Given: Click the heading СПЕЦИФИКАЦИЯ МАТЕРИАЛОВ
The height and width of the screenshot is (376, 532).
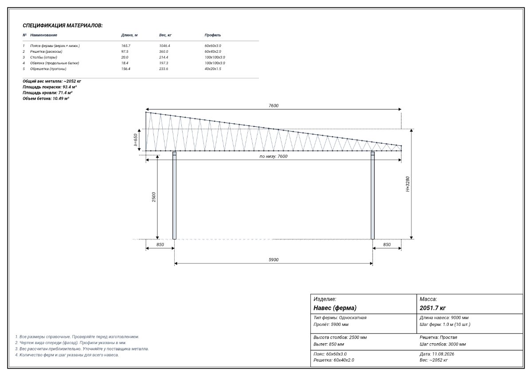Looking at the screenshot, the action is pyautogui.click(x=63, y=25).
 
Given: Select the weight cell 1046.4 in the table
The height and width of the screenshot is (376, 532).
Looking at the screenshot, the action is pyautogui.click(x=164, y=46).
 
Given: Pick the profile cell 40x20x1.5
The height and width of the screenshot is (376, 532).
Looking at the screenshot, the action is pyautogui.click(x=213, y=69).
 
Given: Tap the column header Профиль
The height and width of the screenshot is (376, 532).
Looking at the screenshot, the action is pyautogui.click(x=212, y=35).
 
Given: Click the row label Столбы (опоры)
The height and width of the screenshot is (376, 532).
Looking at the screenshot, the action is pyautogui.click(x=44, y=57).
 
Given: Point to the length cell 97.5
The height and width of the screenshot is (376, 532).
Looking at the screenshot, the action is pyautogui.click(x=125, y=51).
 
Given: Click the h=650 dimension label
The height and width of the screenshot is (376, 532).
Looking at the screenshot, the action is pyautogui.click(x=135, y=140).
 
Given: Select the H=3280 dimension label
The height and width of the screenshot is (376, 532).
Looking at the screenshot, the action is pyautogui.click(x=407, y=184).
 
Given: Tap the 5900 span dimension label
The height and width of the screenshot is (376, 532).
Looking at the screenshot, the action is pyautogui.click(x=274, y=260).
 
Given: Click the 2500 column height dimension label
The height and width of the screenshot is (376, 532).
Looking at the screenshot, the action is pyautogui.click(x=154, y=197).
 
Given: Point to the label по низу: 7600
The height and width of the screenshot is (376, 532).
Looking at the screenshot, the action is pyautogui.click(x=274, y=156).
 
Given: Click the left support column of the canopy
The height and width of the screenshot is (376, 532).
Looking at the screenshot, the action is pyautogui.click(x=174, y=195).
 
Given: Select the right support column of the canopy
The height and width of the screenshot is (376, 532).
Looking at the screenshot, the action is pyautogui.click(x=372, y=195).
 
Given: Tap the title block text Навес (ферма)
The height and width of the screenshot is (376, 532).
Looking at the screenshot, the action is pyautogui.click(x=335, y=308).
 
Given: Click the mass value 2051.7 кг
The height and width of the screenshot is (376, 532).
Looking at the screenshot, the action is pyautogui.click(x=433, y=308).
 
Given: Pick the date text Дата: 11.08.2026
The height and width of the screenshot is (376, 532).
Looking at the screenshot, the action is pyautogui.click(x=437, y=354).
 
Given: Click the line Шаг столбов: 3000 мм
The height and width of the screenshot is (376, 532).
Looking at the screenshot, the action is pyautogui.click(x=443, y=344).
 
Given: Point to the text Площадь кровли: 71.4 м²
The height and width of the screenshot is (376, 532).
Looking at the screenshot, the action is pyautogui.click(x=47, y=93).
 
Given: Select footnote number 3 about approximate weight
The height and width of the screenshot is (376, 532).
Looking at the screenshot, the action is pyautogui.click(x=82, y=349).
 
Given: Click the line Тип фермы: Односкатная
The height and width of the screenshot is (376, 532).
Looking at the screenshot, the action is pyautogui.click(x=340, y=317).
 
